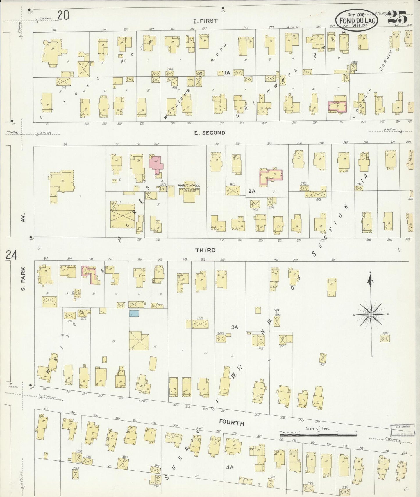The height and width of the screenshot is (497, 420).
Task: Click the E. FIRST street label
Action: [205, 21]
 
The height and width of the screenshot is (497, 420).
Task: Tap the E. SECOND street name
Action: [210, 133]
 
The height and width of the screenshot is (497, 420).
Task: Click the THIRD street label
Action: [205, 250]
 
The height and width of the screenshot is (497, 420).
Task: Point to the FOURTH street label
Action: [232, 423]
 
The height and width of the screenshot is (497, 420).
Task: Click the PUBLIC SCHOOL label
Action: [189, 185]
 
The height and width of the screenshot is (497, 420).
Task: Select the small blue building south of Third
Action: [134, 313]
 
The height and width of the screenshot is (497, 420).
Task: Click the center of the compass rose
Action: [371, 315]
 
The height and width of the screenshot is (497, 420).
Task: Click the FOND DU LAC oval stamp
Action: [356, 20]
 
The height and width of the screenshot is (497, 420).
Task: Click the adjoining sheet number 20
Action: [63, 15]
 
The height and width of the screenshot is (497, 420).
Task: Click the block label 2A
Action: [251, 191]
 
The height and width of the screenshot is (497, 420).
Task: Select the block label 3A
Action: [235, 327]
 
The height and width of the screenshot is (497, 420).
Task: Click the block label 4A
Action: [230, 467]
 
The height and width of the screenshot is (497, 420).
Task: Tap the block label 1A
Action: [227, 73]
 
